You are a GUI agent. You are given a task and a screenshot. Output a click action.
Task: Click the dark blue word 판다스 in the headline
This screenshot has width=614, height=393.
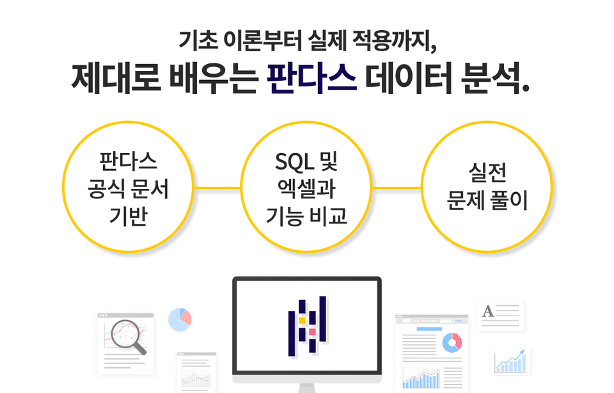click(x=311, y=77)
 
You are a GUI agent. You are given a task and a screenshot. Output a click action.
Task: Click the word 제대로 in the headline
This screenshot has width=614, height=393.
click(x=116, y=77)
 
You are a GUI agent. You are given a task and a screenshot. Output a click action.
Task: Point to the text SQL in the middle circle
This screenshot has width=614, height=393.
click(x=294, y=161)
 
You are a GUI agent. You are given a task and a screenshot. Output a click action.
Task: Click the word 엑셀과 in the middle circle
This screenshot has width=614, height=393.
click(x=306, y=189)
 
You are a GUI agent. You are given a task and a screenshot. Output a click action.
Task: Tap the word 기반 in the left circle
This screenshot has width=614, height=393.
click(x=128, y=216)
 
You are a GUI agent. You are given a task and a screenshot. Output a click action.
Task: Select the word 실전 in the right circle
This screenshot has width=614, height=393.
click(x=487, y=173)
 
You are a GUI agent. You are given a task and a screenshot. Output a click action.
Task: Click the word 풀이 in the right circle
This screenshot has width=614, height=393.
click(x=508, y=200)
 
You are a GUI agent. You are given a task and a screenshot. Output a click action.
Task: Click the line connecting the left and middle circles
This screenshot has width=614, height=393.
click(x=217, y=188)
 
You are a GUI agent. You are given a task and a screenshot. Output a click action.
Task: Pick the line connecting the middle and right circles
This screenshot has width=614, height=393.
click(x=397, y=188)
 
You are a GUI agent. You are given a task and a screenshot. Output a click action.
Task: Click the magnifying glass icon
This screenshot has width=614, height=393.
click(x=129, y=337)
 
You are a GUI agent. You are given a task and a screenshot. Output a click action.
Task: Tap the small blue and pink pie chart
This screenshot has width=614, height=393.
click(x=180, y=319)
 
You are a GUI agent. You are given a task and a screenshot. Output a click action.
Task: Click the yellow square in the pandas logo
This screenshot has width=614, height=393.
click(x=302, y=321)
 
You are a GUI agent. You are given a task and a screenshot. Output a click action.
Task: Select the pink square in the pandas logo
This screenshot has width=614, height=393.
click(x=312, y=332)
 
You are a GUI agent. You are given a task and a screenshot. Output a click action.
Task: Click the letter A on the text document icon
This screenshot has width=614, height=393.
click(x=488, y=311)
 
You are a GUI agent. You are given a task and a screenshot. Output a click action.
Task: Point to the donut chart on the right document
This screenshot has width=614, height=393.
click(x=452, y=342)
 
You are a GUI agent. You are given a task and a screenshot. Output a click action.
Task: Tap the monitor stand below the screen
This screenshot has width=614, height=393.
click(x=306, y=388)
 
